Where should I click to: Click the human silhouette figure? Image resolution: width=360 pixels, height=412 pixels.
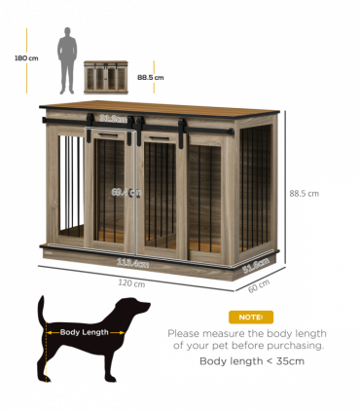(x=67, y=59)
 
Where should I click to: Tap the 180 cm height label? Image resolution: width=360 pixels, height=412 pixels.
(x=27, y=58)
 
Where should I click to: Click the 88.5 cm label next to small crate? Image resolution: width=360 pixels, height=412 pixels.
(x=151, y=77)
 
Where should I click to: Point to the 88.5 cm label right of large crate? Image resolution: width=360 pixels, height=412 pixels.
(x=305, y=193)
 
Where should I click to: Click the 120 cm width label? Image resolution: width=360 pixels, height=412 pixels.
(x=130, y=283)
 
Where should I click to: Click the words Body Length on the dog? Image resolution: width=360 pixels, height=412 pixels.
(x=84, y=332)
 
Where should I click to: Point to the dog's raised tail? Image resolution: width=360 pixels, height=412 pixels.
(x=41, y=312)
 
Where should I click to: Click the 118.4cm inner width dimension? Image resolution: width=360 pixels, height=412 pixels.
(x=132, y=262)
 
